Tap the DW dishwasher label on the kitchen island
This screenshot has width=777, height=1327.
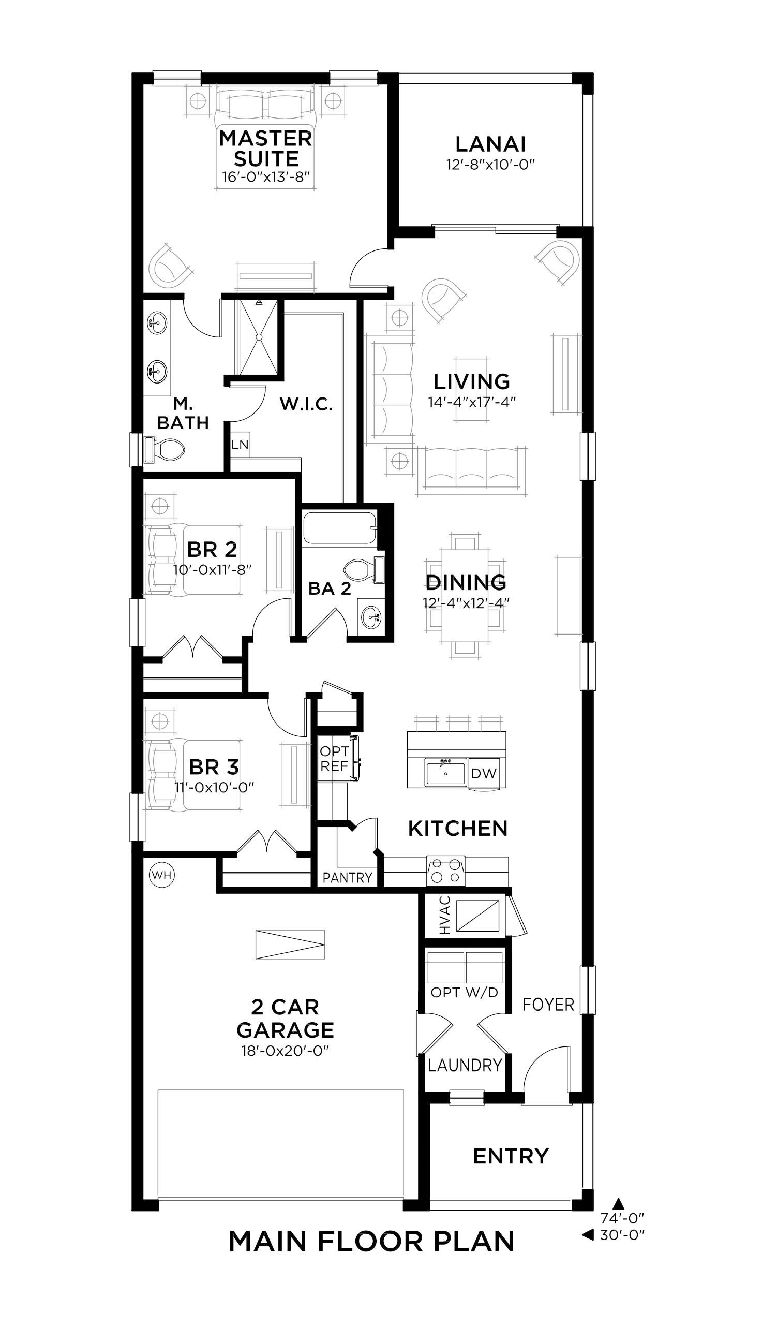pyautogui.click(x=484, y=773)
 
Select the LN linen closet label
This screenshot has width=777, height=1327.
pyautogui.click(x=240, y=445)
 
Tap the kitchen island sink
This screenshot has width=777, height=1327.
pyautogui.click(x=446, y=772)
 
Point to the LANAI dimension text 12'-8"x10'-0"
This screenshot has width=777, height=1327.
pyautogui.click(x=490, y=164)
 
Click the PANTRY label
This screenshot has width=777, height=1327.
pyautogui.click(x=348, y=877)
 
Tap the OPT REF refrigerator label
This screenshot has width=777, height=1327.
pyautogui.click(x=334, y=759)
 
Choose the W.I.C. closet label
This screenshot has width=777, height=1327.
pyautogui.click(x=306, y=404)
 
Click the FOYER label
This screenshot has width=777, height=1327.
pyautogui.click(x=548, y=1005)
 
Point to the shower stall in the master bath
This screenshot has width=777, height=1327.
pyautogui.click(x=258, y=337)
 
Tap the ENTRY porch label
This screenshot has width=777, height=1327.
pyautogui.click(x=511, y=1156)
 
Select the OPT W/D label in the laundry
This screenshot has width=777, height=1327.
pyautogui.click(x=465, y=992)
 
